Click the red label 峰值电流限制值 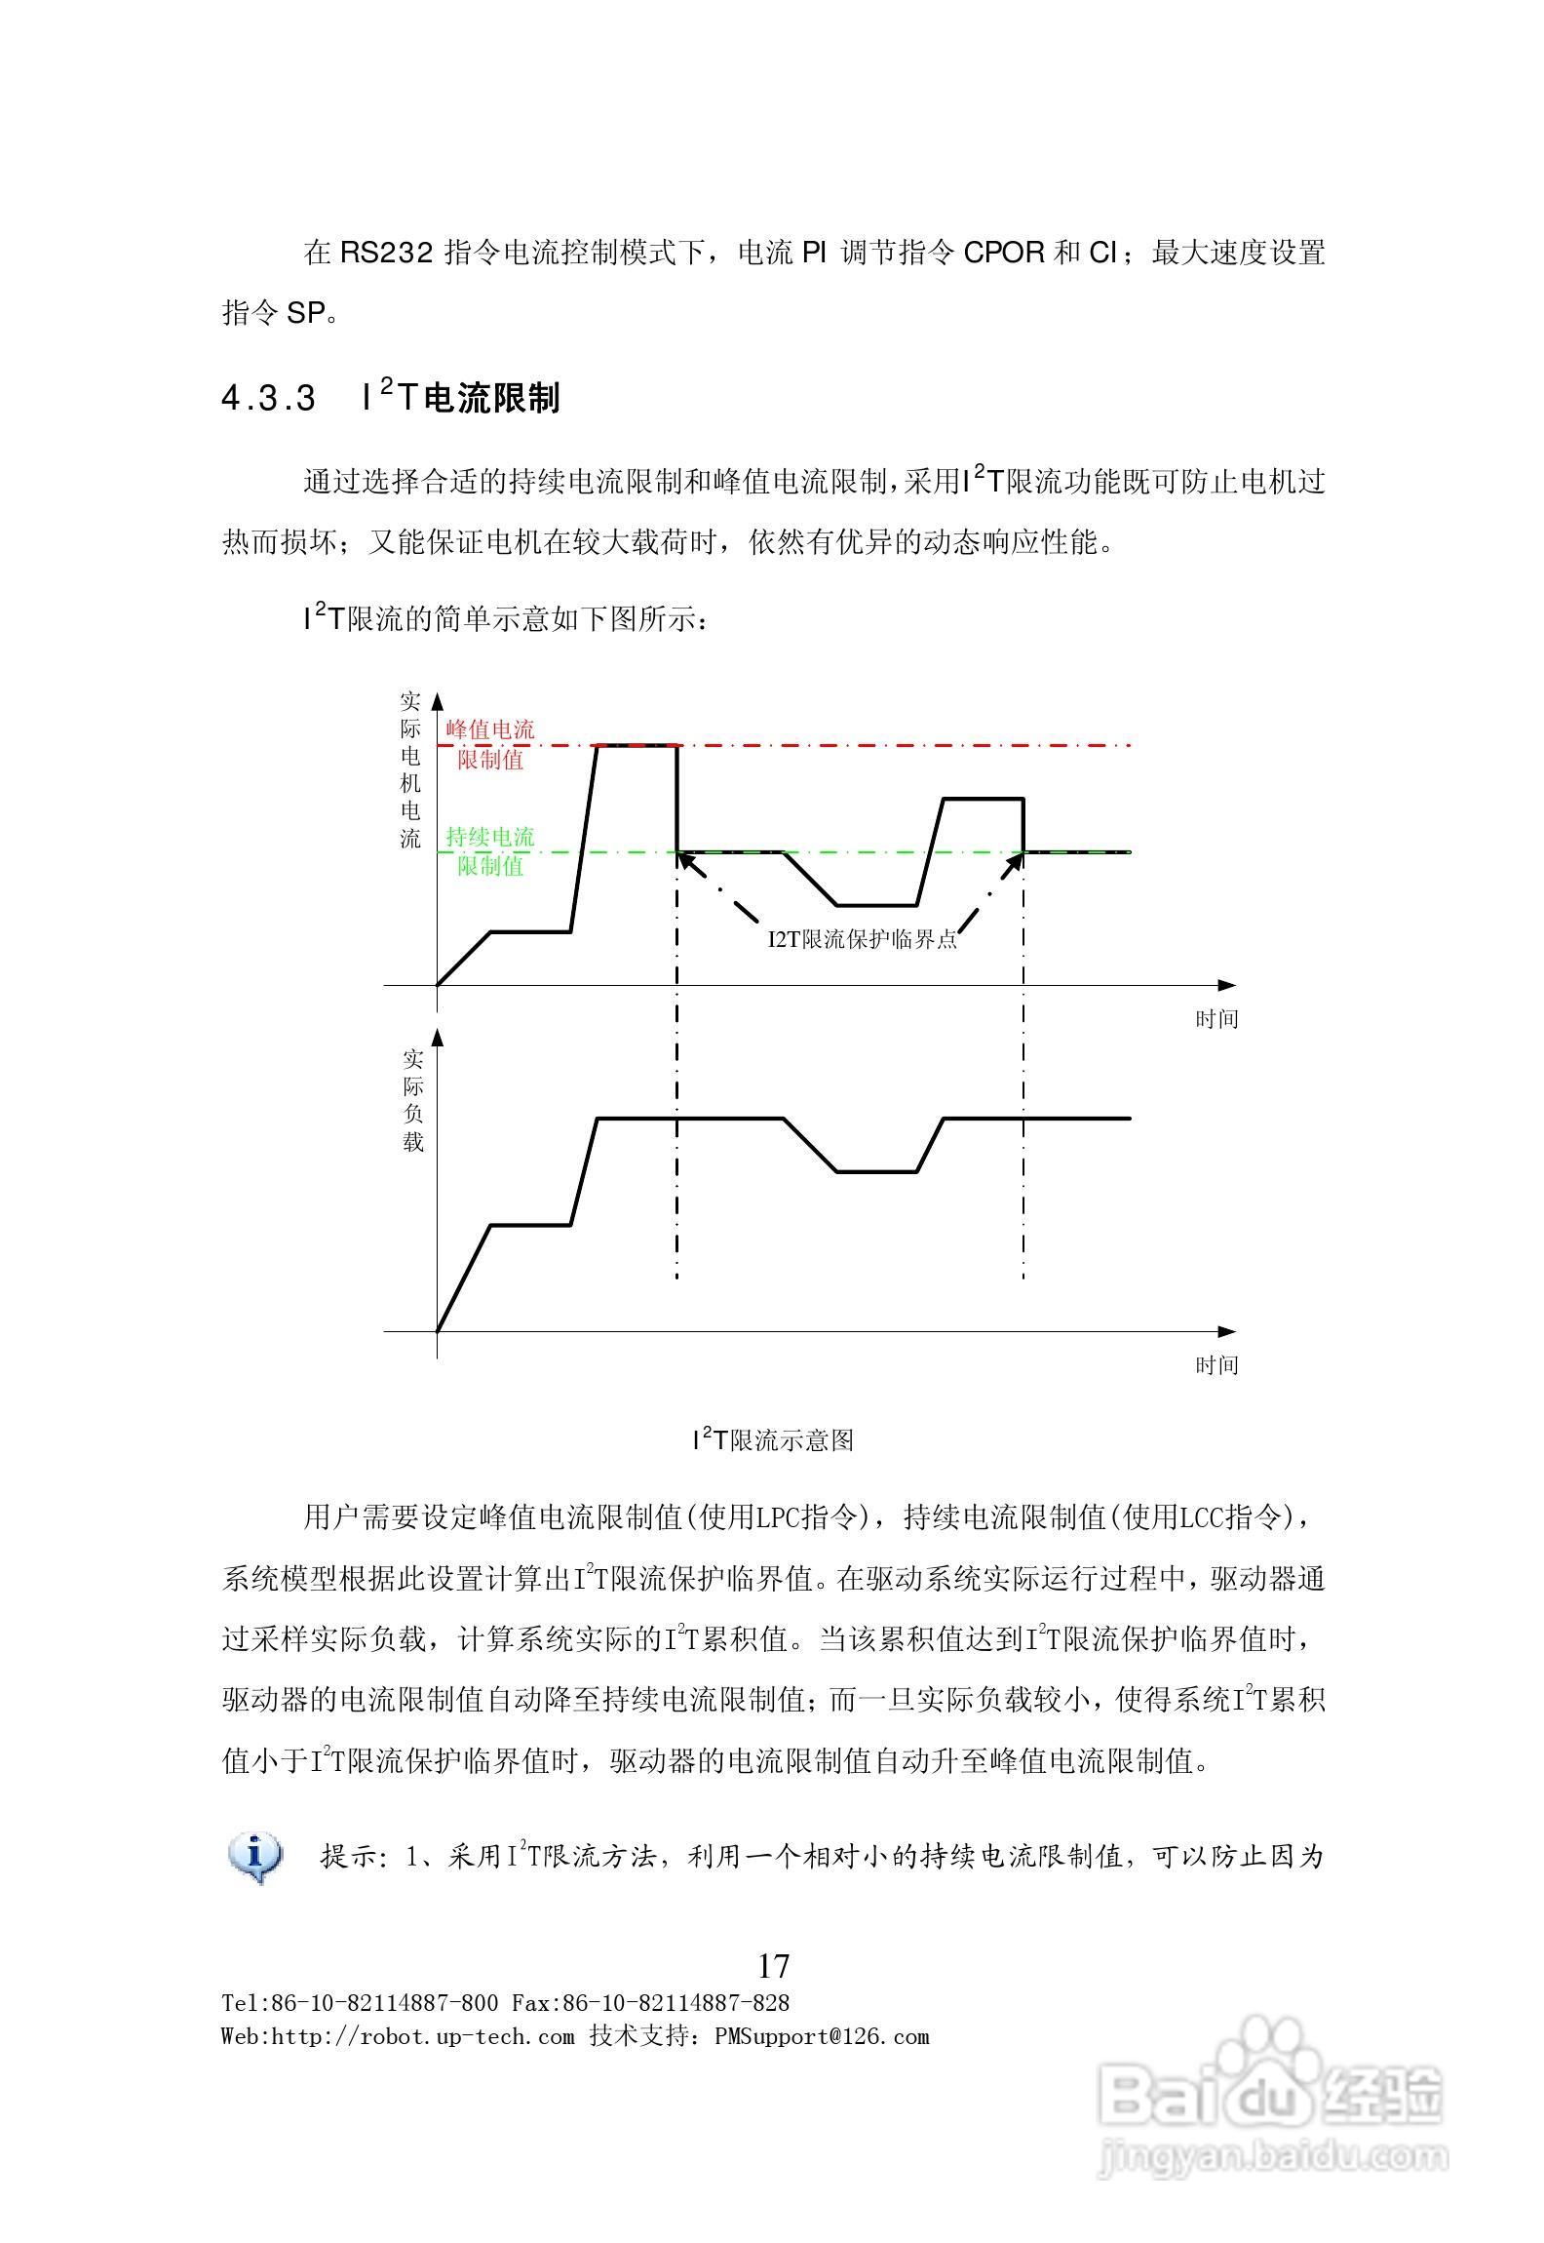pos(490,744)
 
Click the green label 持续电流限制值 pos(490,850)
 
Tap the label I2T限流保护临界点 pos(862,939)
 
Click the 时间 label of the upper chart pos(1216,1019)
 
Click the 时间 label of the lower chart pos(1216,1365)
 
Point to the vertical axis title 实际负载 pos(413,1100)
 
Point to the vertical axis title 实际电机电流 pos(410,769)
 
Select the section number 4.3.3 pos(269,399)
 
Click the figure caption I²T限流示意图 pos(773,1440)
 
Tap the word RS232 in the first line pos(386,254)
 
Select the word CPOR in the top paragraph pos(1003,254)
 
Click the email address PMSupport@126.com pos(822,2037)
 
